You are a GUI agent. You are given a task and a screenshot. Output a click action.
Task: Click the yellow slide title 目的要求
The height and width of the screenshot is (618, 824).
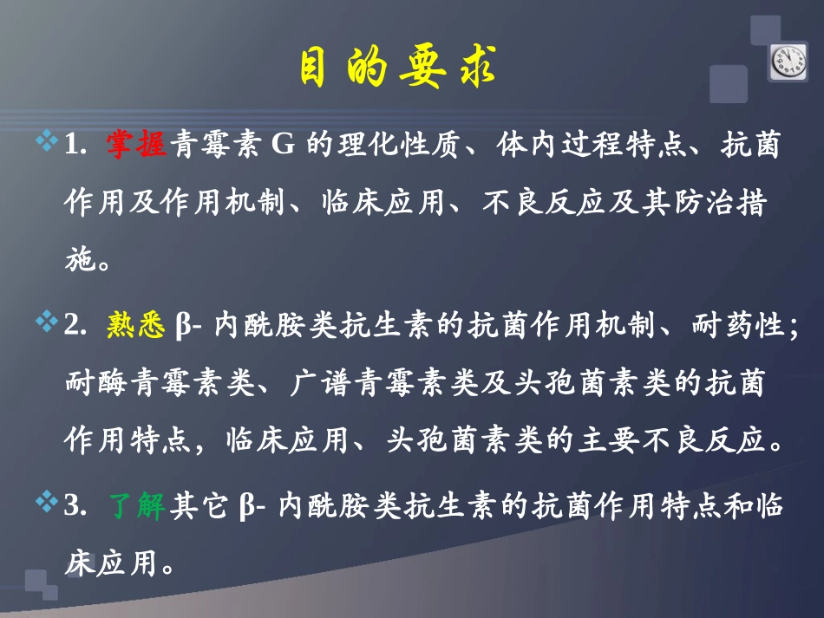pos(398,68)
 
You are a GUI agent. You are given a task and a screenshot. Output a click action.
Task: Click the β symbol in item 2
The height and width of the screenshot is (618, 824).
pos(183,327)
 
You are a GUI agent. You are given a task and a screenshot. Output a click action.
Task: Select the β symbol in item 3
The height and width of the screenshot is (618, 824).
pos(245,507)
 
